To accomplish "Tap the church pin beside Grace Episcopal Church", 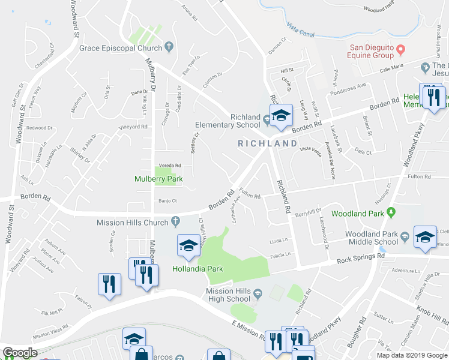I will point(169,47).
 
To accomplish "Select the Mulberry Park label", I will point(158,179).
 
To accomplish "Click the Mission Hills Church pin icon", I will point(176,223).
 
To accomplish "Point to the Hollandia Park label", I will point(197,269).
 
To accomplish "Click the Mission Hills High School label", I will point(228,295).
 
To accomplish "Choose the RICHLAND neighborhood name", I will point(267,143).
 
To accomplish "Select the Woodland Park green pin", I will point(391,213).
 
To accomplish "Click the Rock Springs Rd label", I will point(360,258).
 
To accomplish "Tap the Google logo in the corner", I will point(20,353).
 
